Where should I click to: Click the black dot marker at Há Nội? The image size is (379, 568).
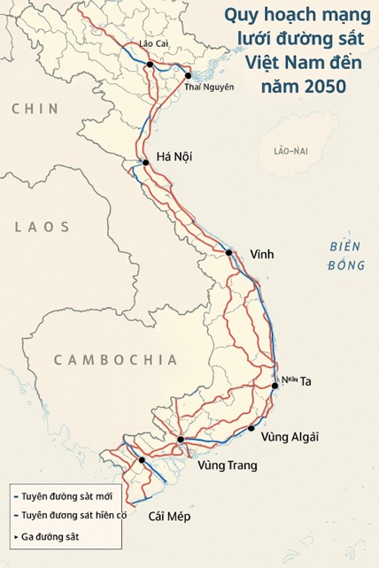[x=145, y=162]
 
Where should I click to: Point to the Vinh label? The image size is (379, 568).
[x=261, y=254]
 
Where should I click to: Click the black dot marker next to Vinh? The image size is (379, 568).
[x=229, y=253]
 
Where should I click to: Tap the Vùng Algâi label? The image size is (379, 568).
[x=290, y=436]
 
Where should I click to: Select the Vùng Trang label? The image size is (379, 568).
[x=228, y=464]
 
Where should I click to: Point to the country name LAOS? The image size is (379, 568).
[x=42, y=227]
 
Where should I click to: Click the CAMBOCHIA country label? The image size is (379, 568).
[x=115, y=360]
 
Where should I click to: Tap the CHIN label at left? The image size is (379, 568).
[x=35, y=108]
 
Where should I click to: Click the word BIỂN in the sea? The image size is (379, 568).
[x=338, y=247]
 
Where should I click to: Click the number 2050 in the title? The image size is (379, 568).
[x=321, y=86]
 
